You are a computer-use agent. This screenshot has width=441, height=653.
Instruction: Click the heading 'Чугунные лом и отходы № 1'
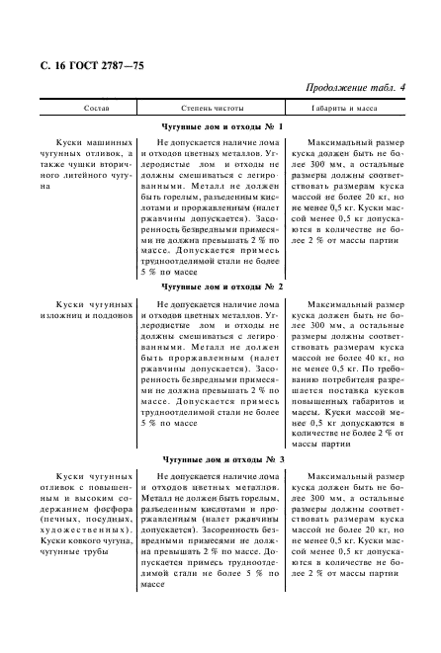(222, 126)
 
